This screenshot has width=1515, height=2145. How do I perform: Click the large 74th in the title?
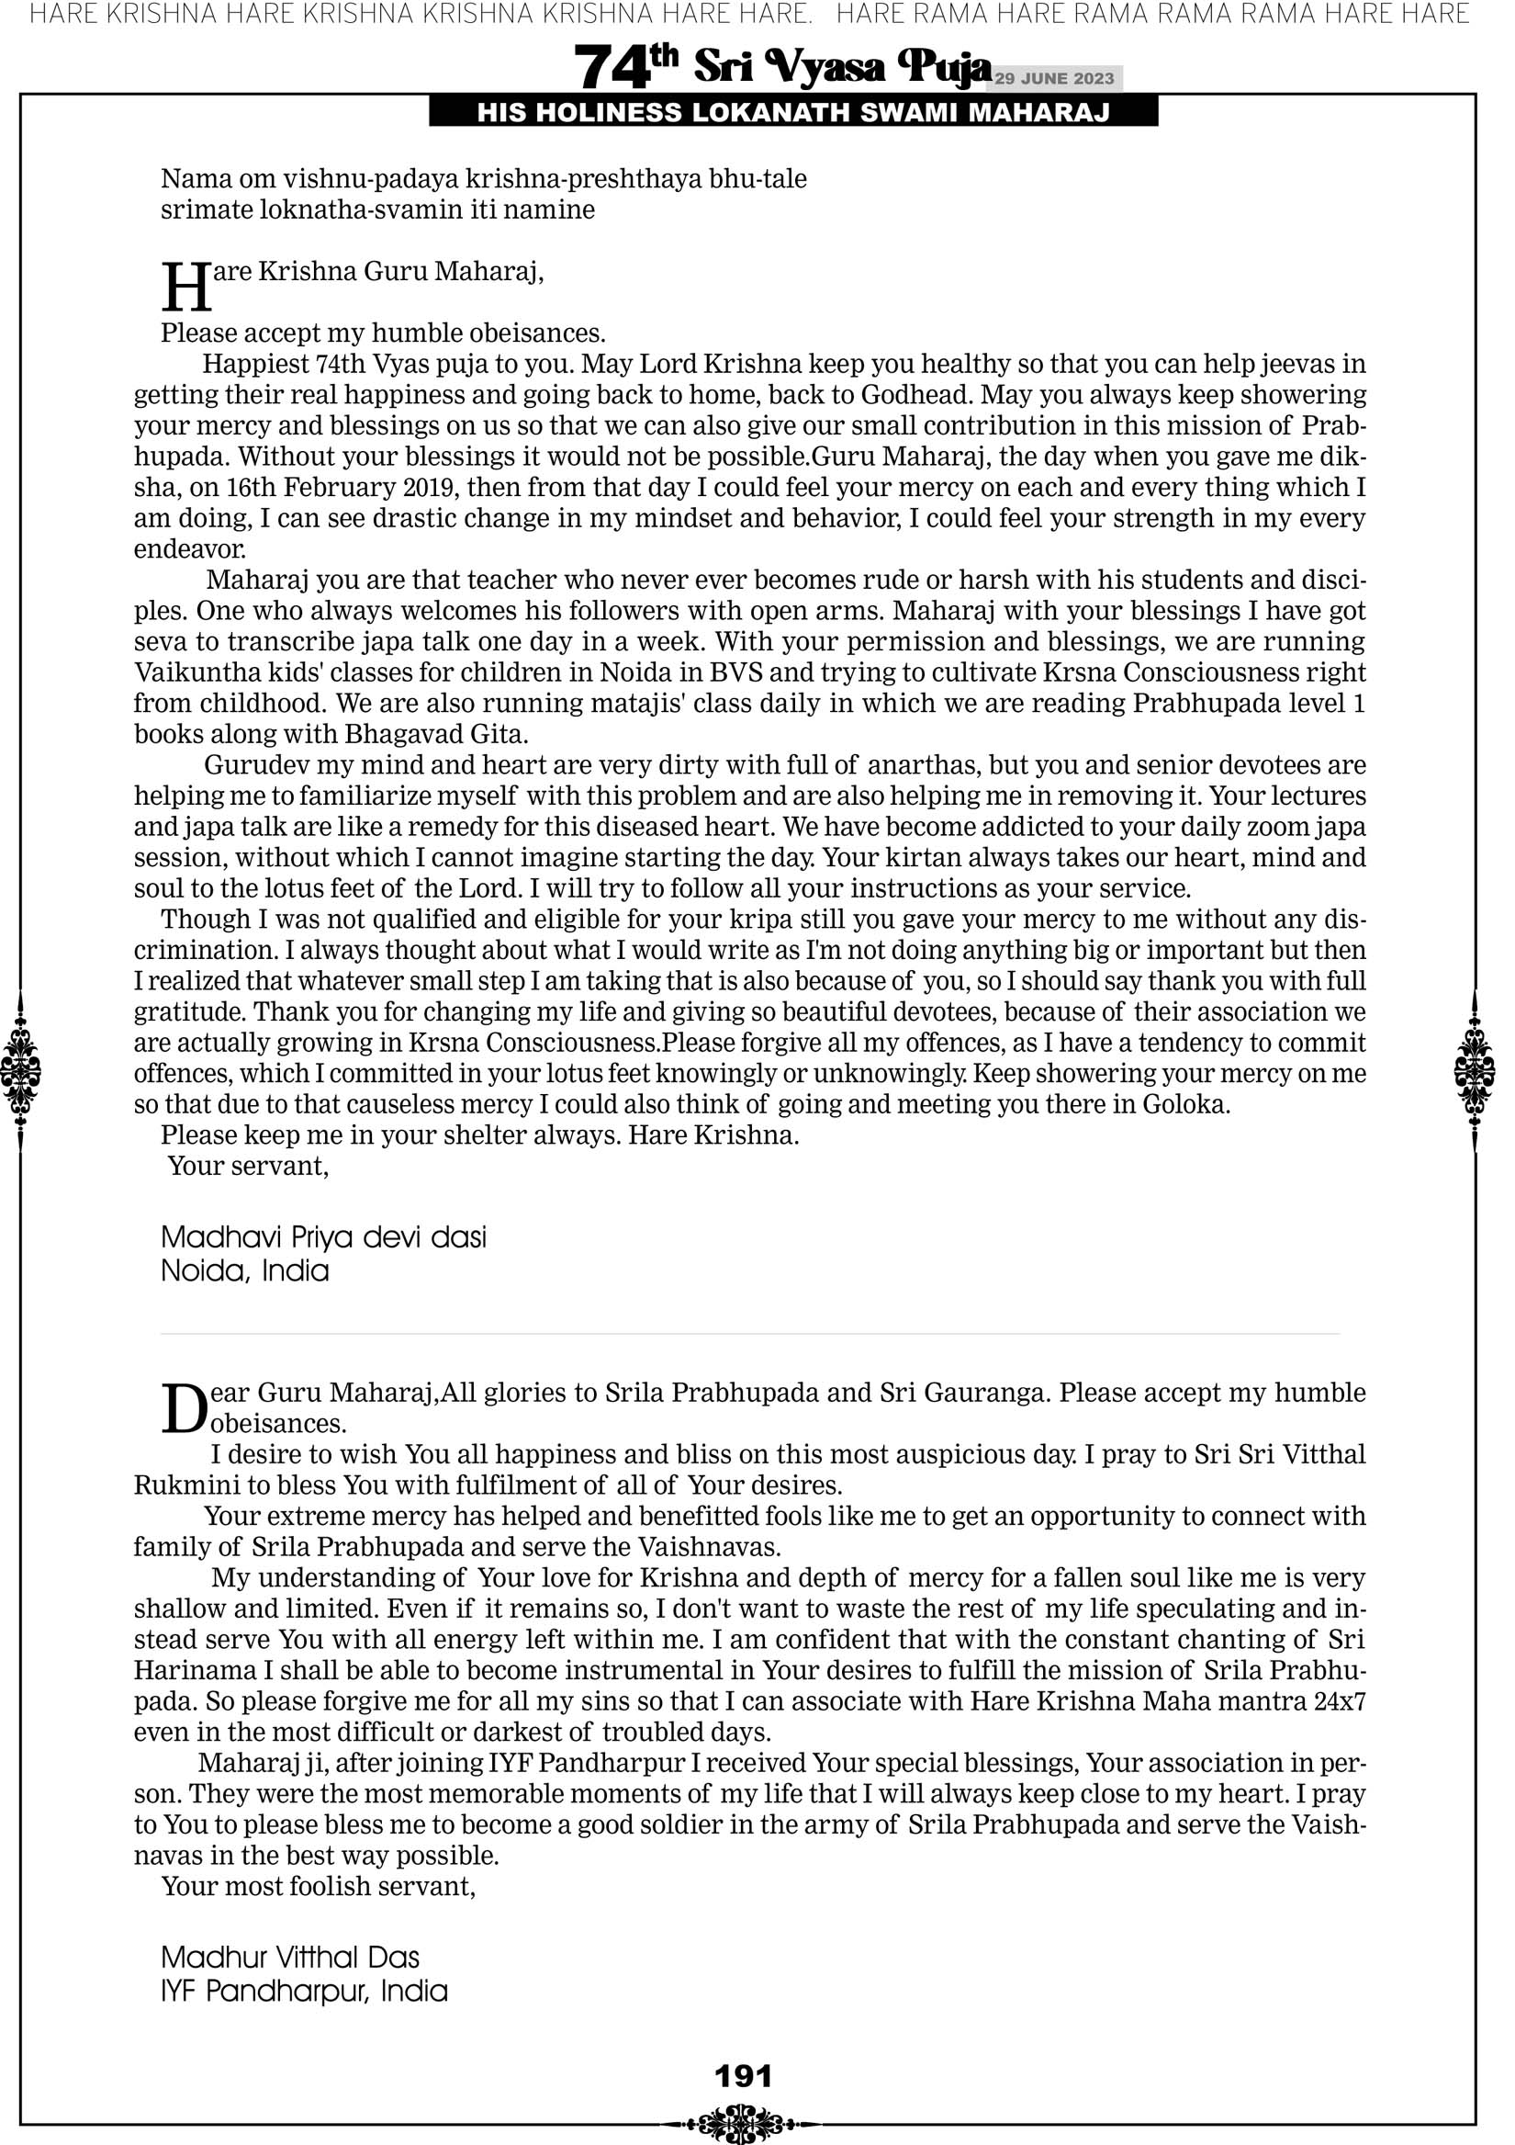[625, 66]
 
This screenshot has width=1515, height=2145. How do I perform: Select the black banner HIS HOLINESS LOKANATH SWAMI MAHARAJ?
[793, 113]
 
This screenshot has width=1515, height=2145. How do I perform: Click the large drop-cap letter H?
[185, 288]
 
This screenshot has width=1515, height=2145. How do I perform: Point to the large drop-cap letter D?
[183, 1409]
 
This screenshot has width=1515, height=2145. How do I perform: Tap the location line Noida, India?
[245, 1271]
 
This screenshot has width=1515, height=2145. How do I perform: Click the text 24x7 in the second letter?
[1340, 1701]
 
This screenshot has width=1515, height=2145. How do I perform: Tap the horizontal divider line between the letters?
[749, 1334]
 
